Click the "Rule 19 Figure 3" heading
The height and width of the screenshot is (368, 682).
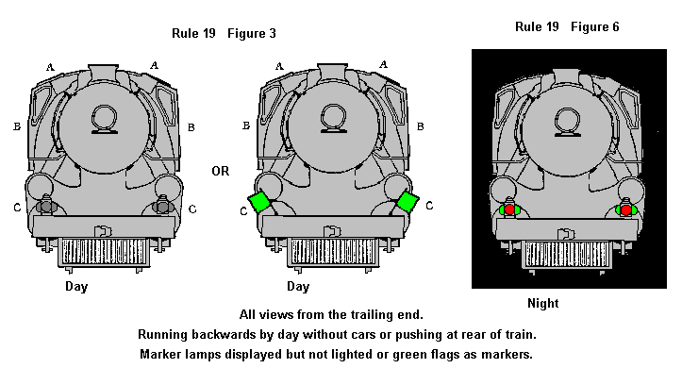[224, 33]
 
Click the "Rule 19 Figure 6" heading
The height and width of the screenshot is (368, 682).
[567, 27]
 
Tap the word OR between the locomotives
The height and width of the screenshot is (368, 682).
[221, 171]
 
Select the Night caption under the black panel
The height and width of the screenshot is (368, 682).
[542, 303]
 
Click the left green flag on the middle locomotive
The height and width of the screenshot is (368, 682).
[259, 201]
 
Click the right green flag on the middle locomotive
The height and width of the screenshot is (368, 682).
[408, 201]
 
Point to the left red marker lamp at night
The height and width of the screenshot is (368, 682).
[509, 210]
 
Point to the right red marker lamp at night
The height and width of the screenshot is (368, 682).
[626, 210]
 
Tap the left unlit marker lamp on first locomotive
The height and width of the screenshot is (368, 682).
[45, 207]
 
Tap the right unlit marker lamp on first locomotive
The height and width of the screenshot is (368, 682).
[162, 207]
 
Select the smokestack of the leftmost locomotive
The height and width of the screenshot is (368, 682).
[103, 73]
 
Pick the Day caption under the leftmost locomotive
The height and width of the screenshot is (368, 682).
[76, 287]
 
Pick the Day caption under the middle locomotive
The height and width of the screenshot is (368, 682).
[298, 287]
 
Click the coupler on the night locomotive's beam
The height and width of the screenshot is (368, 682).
[566, 234]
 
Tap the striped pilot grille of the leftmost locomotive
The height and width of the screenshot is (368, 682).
[104, 252]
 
